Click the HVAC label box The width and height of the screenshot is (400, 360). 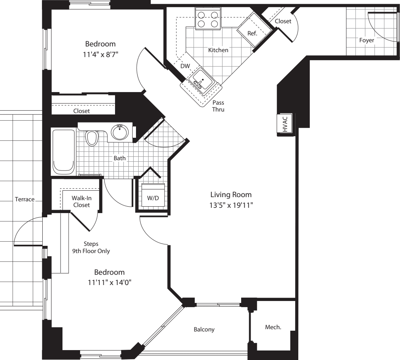tap(285, 124)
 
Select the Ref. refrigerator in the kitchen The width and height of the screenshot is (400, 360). tap(252, 32)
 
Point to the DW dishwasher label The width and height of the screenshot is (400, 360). tap(185, 66)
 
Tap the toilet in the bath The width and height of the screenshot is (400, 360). tap(91, 138)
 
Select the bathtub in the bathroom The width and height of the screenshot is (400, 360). tap(64, 151)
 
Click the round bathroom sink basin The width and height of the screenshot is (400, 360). tap(120, 132)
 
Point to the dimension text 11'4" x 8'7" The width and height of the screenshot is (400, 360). tap(100, 54)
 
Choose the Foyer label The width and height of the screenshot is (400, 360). tap(366, 40)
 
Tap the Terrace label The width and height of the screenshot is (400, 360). tap(25, 199)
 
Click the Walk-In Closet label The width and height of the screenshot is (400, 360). tap(82, 202)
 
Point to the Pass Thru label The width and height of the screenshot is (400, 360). tap(218, 106)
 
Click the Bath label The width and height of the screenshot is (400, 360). tap(120, 158)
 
